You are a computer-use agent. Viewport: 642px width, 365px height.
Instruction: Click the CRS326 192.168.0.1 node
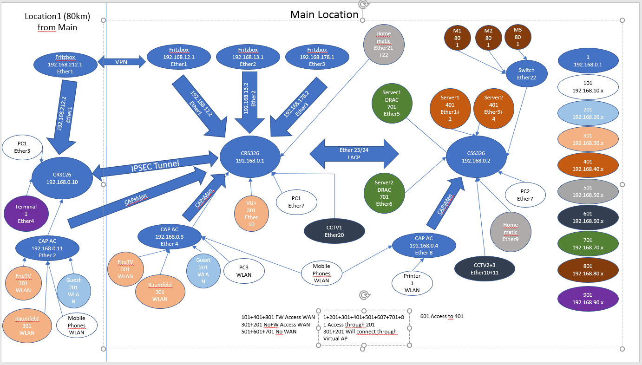250,157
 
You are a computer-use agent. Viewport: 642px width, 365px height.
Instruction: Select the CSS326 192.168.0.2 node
476,157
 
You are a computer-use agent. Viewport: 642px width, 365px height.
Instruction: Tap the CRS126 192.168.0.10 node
62,178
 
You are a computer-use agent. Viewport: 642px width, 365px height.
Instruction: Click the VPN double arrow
122,62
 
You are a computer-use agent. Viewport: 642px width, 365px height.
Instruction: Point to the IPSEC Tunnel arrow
155,166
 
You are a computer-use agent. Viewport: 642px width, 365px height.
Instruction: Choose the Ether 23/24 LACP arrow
354,154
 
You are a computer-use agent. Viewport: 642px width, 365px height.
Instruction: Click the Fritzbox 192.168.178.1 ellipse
317,57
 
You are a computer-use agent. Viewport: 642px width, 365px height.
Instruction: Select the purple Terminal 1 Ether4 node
26,214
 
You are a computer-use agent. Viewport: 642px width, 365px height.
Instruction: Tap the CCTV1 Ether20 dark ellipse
334,231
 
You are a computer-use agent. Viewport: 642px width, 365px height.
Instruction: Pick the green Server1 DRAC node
392,103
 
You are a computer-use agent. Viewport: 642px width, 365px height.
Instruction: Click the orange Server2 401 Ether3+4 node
493,108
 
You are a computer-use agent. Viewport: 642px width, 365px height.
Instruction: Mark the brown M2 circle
488,38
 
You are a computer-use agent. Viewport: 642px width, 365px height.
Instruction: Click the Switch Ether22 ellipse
526,74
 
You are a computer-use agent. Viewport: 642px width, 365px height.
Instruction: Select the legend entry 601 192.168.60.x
588,217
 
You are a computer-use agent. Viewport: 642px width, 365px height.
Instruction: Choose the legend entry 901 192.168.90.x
588,299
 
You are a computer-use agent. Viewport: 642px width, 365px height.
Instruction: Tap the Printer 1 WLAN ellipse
412,283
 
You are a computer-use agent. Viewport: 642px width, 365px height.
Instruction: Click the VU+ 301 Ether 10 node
251,214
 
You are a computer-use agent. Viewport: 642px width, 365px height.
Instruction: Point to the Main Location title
324,14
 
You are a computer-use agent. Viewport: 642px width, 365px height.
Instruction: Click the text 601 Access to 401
442,316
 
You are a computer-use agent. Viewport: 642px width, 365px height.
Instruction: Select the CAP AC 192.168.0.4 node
424,246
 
